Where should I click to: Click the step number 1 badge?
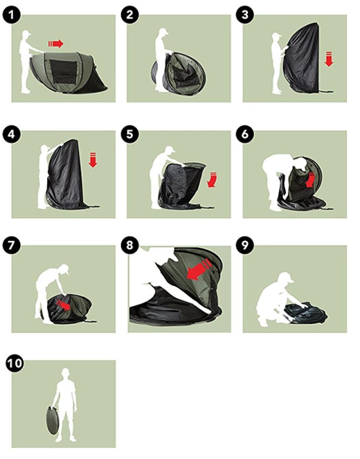point(12,15)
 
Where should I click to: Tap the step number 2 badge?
point(129,15)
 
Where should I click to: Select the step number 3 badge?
point(245,15)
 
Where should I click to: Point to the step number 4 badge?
point(12,134)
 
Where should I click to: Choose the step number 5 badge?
point(129,134)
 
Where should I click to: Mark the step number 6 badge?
point(245,134)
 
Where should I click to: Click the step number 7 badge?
point(12,245)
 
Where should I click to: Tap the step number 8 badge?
point(129,245)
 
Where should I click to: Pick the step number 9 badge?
point(245,245)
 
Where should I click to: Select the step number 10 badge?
point(15,363)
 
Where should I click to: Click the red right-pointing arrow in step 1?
point(55,44)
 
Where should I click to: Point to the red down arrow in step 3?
point(329,59)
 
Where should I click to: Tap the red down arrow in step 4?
point(93,160)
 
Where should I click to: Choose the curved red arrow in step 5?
point(213,179)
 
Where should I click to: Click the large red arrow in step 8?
point(199,270)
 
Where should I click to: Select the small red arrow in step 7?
point(64,305)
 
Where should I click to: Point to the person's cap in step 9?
point(286,277)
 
